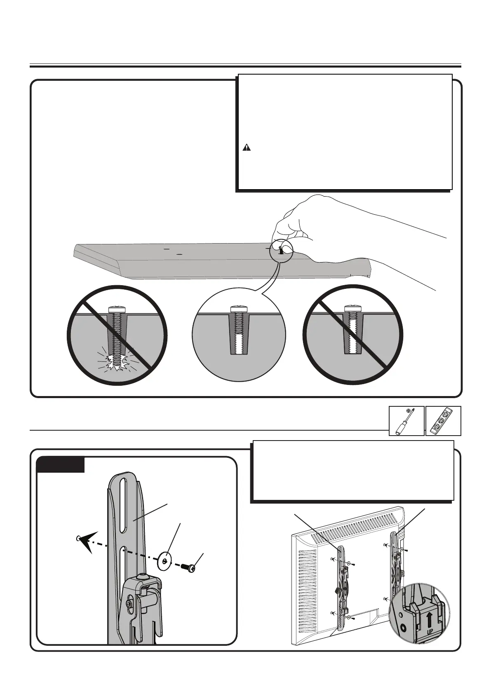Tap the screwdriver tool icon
click(x=406, y=421)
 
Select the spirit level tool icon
click(x=443, y=421)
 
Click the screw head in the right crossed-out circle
click(x=352, y=308)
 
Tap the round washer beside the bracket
click(x=166, y=561)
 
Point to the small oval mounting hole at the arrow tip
click(x=78, y=538)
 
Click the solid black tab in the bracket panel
click(x=61, y=465)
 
